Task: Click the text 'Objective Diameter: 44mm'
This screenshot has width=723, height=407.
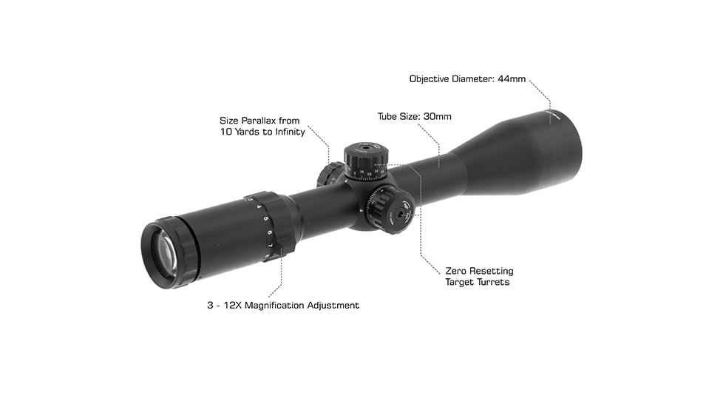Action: pyautogui.click(x=467, y=78)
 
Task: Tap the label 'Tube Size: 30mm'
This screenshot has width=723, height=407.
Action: pyautogui.click(x=414, y=116)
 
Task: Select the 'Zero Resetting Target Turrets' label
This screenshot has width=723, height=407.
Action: pyautogui.click(x=479, y=276)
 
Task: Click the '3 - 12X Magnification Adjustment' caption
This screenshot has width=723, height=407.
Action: pyautogui.click(x=283, y=305)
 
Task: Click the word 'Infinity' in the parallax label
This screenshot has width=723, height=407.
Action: pyautogui.click(x=285, y=132)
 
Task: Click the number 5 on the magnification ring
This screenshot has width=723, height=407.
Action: pyautogui.click(x=265, y=220)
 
